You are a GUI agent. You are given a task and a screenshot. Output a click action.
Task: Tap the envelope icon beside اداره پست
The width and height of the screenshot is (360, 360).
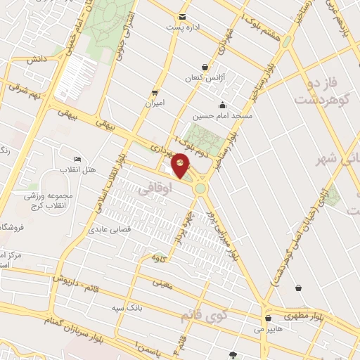tap(183, 17)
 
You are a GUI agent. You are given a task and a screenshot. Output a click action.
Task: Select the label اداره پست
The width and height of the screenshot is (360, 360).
tap(184, 27)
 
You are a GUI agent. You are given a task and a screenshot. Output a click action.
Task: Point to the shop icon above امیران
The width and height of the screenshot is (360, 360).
tap(154, 92)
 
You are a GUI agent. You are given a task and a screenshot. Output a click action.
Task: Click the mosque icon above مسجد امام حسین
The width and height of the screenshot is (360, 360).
tap(222, 105)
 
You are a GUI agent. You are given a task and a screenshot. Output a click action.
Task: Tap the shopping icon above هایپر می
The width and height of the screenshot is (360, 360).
tap(269, 318)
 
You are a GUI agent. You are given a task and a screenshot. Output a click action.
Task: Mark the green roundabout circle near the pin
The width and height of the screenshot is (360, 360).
tap(200, 188)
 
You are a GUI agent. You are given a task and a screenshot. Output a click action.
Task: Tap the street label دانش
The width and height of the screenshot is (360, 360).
tap(37, 60)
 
